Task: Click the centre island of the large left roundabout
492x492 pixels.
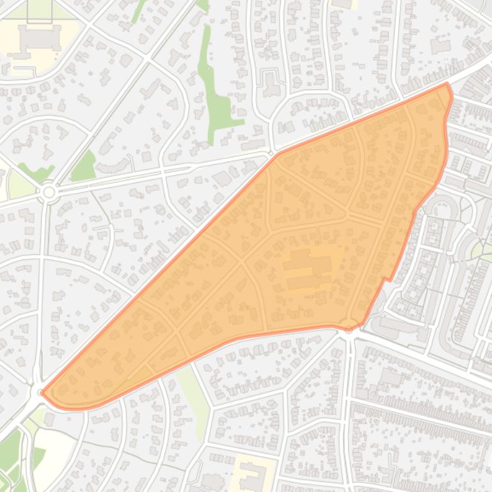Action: pyautogui.click(x=49, y=192)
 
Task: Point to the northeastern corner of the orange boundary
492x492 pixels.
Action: pyautogui.click(x=447, y=84)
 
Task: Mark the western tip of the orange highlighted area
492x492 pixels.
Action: pyautogui.click(x=42, y=392)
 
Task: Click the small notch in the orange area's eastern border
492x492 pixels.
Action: pyautogui.click(x=386, y=279)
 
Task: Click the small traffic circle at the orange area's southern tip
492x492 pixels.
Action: pyautogui.click(x=349, y=325)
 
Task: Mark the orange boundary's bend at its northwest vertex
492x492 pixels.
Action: pyautogui.click(x=278, y=154)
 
